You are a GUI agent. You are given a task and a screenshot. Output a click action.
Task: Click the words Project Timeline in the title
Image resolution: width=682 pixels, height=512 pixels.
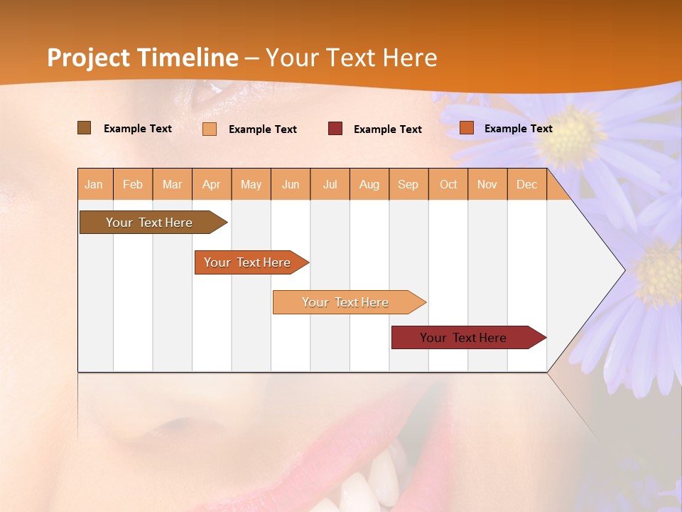coord(142,58)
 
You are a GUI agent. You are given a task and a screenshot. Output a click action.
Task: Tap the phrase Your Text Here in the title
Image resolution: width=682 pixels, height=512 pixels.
coord(351,58)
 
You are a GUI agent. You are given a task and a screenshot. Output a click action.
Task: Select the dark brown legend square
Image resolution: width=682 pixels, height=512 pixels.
coord(84,128)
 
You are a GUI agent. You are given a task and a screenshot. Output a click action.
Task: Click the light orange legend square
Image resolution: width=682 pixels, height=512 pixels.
coord(210,129)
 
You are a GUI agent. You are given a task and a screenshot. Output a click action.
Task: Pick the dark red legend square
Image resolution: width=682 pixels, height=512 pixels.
coord(335,128)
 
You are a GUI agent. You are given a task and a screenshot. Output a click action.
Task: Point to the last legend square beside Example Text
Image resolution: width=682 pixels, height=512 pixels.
coord(467,128)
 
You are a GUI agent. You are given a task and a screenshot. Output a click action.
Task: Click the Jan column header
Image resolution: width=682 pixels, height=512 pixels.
coord(94,184)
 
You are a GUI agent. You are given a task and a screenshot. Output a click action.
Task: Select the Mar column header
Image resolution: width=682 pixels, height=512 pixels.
coord(172,184)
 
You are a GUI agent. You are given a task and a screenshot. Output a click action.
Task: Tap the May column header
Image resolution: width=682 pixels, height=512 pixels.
coord(251,184)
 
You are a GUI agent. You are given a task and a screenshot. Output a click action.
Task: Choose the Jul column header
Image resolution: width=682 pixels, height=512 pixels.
coord(330,184)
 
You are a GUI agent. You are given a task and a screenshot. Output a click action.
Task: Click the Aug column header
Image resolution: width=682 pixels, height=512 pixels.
coord(369,184)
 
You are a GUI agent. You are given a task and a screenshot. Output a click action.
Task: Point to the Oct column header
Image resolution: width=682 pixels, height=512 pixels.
coord(448,184)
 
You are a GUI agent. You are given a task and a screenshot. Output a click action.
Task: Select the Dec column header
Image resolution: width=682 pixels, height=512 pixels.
coord(526,184)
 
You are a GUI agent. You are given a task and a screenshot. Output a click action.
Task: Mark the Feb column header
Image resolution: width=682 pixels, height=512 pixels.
coord(133,184)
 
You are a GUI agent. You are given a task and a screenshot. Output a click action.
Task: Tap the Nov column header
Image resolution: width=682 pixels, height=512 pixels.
coord(487,184)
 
